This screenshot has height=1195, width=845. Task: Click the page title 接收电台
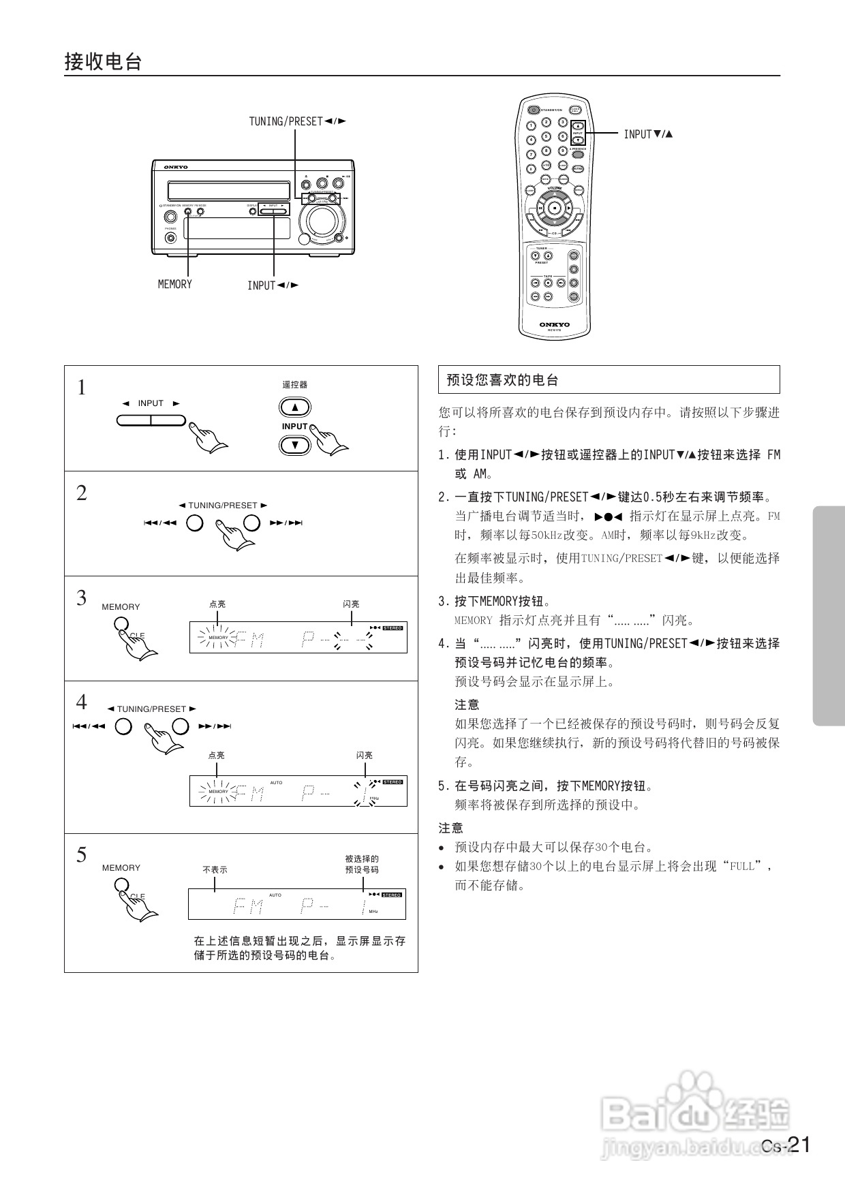coord(103,62)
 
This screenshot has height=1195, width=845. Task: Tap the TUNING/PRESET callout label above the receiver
coord(297,121)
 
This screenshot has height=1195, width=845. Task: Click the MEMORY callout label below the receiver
coord(175,284)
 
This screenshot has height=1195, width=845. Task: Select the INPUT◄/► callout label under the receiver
coord(273,285)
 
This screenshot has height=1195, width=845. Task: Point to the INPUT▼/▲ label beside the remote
coord(648,134)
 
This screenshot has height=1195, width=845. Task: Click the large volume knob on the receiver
coord(322,220)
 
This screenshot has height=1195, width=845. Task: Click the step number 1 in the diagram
coord(82,388)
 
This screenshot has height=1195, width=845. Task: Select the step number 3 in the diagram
coord(82,597)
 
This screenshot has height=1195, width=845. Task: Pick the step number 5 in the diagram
coord(82,854)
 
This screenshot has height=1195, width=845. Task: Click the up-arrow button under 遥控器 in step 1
coord(295,407)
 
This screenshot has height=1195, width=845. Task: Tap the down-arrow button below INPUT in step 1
coord(295,445)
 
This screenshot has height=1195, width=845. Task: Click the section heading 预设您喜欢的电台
coord(502,380)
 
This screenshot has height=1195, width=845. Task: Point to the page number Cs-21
coord(786,1145)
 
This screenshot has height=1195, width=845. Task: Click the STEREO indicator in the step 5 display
coord(392,895)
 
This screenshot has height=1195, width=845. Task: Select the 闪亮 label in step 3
coord(351,604)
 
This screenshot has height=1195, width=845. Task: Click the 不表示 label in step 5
coord(215,870)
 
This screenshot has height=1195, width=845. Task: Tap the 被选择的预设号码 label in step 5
coord(362,864)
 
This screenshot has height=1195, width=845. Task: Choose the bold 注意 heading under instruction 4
coord(467,704)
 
